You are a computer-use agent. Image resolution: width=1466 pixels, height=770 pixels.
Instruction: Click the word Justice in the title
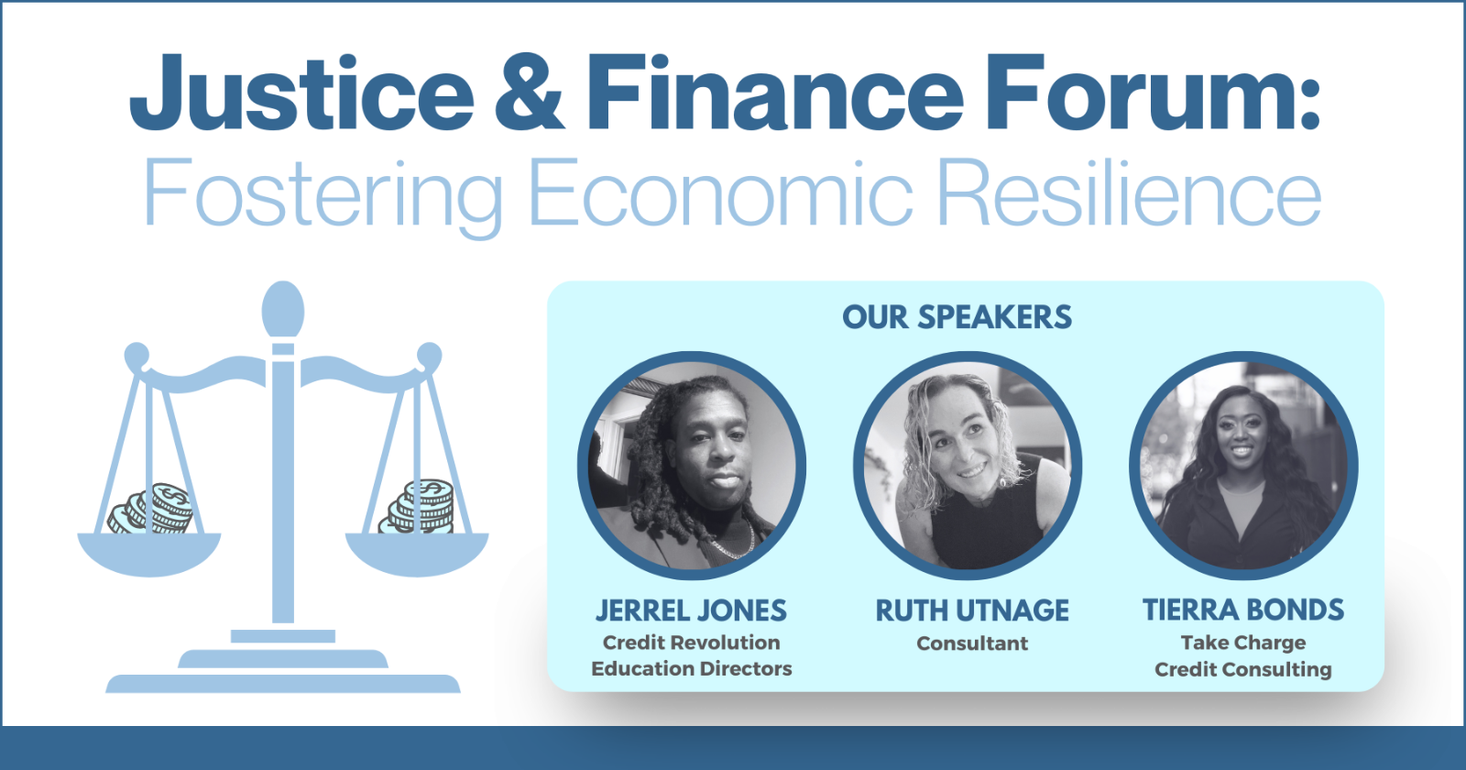301,93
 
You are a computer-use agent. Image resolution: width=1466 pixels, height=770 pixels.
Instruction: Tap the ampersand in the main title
529,93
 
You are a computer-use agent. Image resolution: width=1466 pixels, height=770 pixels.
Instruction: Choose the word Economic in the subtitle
720,192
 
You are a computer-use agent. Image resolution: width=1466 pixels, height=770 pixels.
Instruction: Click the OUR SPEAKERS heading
957,317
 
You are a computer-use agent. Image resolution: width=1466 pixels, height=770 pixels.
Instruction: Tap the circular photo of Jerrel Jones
692,466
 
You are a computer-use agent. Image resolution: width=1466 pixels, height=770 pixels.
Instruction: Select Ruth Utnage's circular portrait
968,466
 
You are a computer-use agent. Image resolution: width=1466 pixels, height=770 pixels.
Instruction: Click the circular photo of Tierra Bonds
1243,466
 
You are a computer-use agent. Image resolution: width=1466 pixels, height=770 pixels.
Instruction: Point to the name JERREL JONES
691,610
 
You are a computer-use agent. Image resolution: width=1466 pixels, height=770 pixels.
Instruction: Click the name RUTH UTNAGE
972,610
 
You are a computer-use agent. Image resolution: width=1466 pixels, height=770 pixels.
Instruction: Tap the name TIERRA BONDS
1243,610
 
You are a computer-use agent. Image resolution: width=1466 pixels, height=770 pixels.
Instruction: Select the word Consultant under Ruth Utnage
972,643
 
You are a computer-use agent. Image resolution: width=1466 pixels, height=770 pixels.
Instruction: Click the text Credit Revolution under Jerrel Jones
691,643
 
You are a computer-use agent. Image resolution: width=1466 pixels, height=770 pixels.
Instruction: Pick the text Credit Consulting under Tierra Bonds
1243,670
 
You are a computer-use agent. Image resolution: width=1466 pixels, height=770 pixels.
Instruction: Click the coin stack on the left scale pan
152,510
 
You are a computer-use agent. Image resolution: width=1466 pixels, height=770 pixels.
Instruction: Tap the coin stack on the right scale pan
418,506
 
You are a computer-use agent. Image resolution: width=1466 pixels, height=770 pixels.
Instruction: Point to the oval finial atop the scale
283,310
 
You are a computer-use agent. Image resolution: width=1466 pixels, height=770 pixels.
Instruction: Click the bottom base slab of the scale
283,684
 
